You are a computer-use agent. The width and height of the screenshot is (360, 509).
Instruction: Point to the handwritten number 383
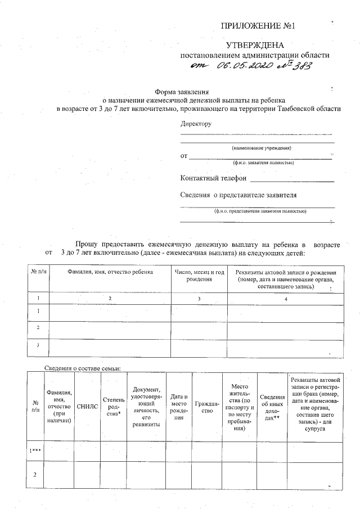coord(301,66)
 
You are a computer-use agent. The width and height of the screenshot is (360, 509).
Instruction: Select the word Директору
coord(196,124)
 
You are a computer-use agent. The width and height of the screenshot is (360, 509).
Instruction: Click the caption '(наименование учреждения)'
coord(262,148)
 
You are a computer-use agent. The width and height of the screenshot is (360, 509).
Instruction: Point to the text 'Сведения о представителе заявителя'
coord(238,195)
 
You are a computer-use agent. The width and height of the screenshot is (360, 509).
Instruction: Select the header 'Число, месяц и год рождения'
coord(199,275)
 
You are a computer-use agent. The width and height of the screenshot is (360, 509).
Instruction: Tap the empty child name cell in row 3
coord(110,345)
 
